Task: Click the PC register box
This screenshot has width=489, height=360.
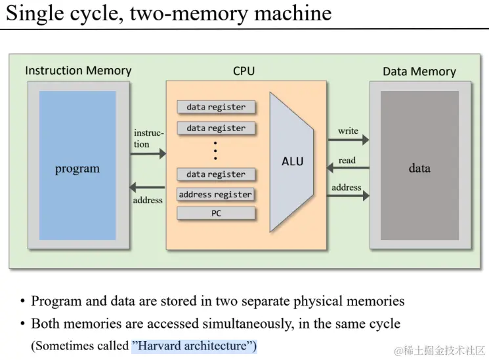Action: (x=216, y=213)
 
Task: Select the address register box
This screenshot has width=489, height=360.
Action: (x=215, y=195)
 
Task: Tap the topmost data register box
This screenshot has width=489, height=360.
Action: (x=216, y=107)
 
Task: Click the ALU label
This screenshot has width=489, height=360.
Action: (x=292, y=161)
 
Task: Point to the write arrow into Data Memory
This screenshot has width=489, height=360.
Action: (x=349, y=140)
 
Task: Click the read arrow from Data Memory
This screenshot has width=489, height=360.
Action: (x=348, y=168)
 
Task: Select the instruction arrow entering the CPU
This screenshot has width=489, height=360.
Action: (x=148, y=153)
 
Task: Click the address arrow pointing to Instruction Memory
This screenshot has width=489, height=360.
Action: (x=147, y=188)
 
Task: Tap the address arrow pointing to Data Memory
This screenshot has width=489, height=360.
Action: (x=348, y=196)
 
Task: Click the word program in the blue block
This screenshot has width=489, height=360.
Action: (x=77, y=169)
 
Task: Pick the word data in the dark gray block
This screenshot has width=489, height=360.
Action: (x=419, y=169)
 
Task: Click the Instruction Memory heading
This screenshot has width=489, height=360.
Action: (x=78, y=71)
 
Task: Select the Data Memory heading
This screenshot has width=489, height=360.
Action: (x=419, y=71)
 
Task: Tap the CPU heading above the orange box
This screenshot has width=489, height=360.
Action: (x=244, y=71)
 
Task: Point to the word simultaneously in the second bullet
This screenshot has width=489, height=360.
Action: (x=248, y=323)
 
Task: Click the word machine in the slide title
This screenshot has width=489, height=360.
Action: (x=293, y=13)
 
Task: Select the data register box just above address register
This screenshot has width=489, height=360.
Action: (x=216, y=174)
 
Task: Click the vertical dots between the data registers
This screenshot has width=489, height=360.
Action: (x=215, y=151)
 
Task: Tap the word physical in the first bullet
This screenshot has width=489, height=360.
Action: (x=318, y=301)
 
